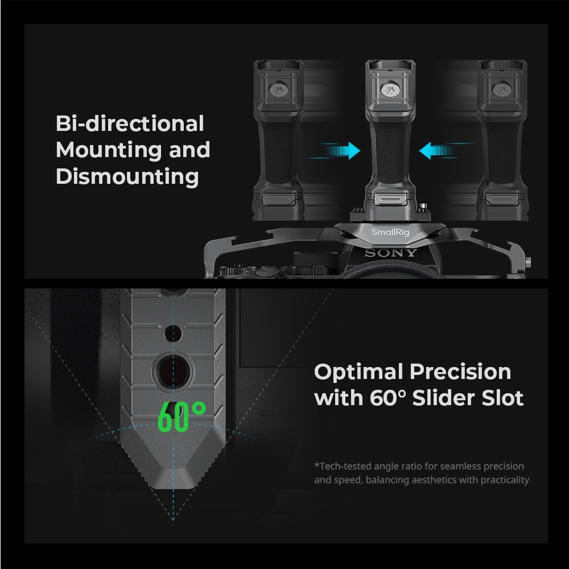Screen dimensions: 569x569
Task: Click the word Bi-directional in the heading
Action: point(130,123)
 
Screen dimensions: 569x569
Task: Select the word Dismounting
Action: point(127,177)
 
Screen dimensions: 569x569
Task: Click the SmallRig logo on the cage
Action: point(390,232)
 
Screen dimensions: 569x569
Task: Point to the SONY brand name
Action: point(391,253)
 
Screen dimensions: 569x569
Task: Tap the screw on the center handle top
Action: point(390,89)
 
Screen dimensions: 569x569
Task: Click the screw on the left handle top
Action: point(278,89)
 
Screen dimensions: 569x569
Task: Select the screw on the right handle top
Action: point(502,89)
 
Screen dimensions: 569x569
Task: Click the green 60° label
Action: point(182,417)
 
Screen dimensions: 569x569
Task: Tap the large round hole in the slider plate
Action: point(173,372)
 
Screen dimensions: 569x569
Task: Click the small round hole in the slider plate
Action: point(173,333)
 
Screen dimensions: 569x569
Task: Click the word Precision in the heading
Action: point(460,372)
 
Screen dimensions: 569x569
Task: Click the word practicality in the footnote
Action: point(505,480)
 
